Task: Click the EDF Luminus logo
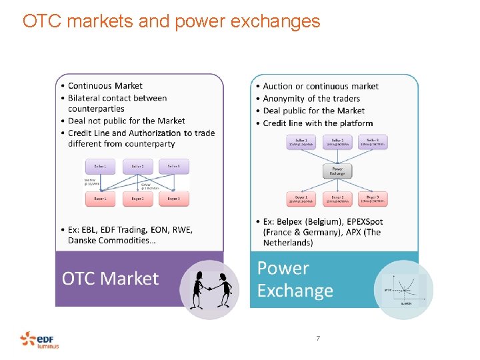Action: pos(39,340)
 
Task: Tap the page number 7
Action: pos(318,339)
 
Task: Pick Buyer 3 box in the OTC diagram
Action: pos(173,199)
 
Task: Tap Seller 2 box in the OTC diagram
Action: pos(137,166)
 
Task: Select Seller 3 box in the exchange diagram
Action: pos(373,142)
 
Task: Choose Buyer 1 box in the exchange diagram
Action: pos(301,199)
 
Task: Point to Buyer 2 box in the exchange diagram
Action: pos(337,199)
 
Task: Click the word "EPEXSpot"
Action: pos(360,221)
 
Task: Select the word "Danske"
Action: pos(85,240)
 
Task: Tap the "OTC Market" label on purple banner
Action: pos(111,278)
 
